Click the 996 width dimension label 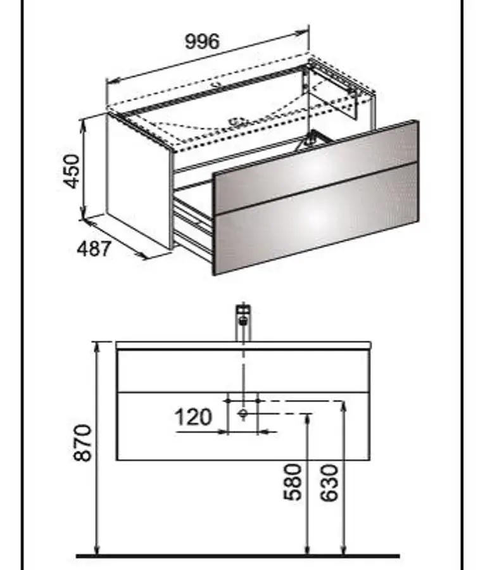click(x=203, y=41)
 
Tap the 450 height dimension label click(x=72, y=172)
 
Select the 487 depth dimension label click(x=94, y=250)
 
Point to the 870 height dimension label click(x=83, y=443)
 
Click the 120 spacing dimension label click(x=193, y=417)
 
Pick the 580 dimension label click(x=293, y=483)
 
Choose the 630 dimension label click(x=330, y=483)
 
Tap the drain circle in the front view click(x=243, y=414)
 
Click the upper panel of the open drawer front click(x=316, y=167)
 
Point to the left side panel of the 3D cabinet click(x=139, y=180)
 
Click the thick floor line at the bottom click(x=238, y=556)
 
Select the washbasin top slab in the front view click(x=243, y=345)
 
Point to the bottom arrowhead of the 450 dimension click(x=84, y=216)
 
